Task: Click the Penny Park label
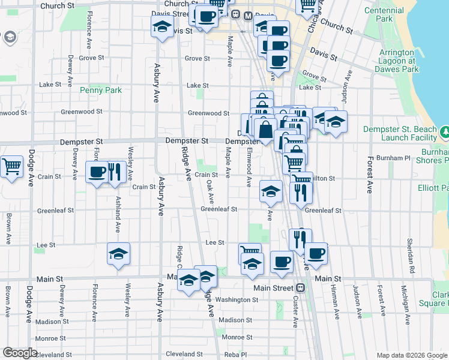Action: [101, 91]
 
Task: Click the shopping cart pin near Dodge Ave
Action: [11, 166]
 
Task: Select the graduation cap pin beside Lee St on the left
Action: [119, 253]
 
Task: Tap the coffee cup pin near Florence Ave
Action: [97, 172]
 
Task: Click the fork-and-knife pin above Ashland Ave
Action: [114, 172]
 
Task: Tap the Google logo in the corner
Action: [20, 352]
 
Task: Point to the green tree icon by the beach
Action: [445, 131]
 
